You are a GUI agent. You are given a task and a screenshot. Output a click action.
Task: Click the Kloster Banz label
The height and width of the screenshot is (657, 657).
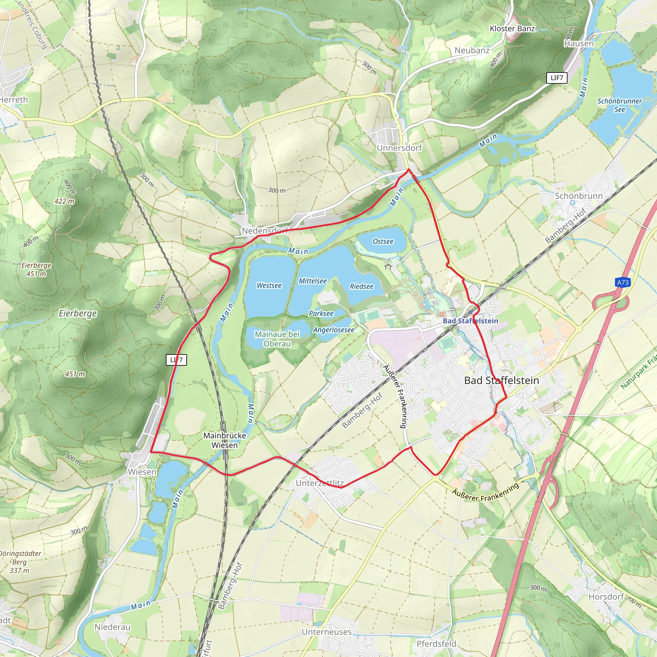pyautogui.click(x=512, y=29)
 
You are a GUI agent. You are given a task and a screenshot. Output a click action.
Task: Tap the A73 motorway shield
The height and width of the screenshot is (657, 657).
pyautogui.click(x=623, y=282)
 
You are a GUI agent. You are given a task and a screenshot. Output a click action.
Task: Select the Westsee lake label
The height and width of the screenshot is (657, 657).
pyautogui.click(x=269, y=286)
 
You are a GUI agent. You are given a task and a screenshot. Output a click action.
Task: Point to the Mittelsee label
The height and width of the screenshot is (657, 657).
pyautogui.click(x=312, y=281)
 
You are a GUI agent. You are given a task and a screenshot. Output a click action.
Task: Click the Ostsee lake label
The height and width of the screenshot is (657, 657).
pyautogui.click(x=383, y=242)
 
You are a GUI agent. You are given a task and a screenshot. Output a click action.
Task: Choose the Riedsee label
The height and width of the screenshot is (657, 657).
pyautogui.click(x=362, y=286)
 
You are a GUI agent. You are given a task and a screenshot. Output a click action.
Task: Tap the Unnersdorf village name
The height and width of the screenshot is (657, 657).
pyautogui.click(x=399, y=148)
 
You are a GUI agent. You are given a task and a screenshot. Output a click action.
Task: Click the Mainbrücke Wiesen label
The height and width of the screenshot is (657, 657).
pyautogui.click(x=225, y=440)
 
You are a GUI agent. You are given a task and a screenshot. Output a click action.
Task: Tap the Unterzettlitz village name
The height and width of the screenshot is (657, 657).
pyautogui.click(x=320, y=483)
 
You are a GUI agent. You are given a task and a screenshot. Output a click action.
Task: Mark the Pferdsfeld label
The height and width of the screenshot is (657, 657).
pyautogui.click(x=436, y=644)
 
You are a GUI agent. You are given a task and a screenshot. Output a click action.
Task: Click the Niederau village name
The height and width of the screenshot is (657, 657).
pyautogui.click(x=112, y=627)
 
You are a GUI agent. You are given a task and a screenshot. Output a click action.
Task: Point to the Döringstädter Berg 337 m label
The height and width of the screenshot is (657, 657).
pyautogui.click(x=20, y=562)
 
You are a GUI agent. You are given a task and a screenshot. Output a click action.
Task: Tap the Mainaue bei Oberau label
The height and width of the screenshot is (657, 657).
pyautogui.click(x=277, y=339)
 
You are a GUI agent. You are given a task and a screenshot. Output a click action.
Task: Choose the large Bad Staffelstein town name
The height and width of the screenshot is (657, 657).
pyautogui.click(x=502, y=380)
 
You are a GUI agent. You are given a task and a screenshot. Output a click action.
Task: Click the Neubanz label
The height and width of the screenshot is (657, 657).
pyautogui.click(x=472, y=50)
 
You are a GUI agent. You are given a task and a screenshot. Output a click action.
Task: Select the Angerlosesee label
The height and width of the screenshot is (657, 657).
pyautogui.click(x=334, y=330)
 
